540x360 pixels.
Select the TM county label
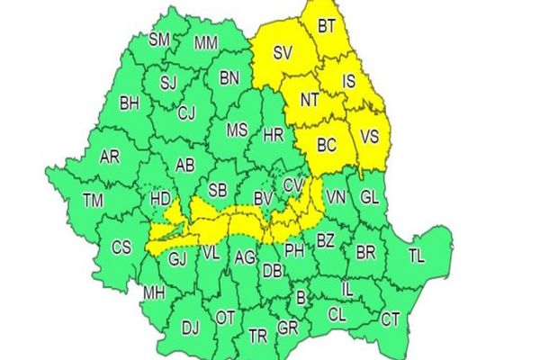click(92, 200)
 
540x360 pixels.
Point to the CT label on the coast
click(391, 318)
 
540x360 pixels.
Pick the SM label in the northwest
click(159, 39)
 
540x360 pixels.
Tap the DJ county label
click(190, 328)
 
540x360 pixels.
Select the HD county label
click(161, 197)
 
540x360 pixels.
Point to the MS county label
click(236, 130)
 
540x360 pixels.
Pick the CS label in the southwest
click(120, 246)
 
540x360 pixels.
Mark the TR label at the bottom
click(258, 337)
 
